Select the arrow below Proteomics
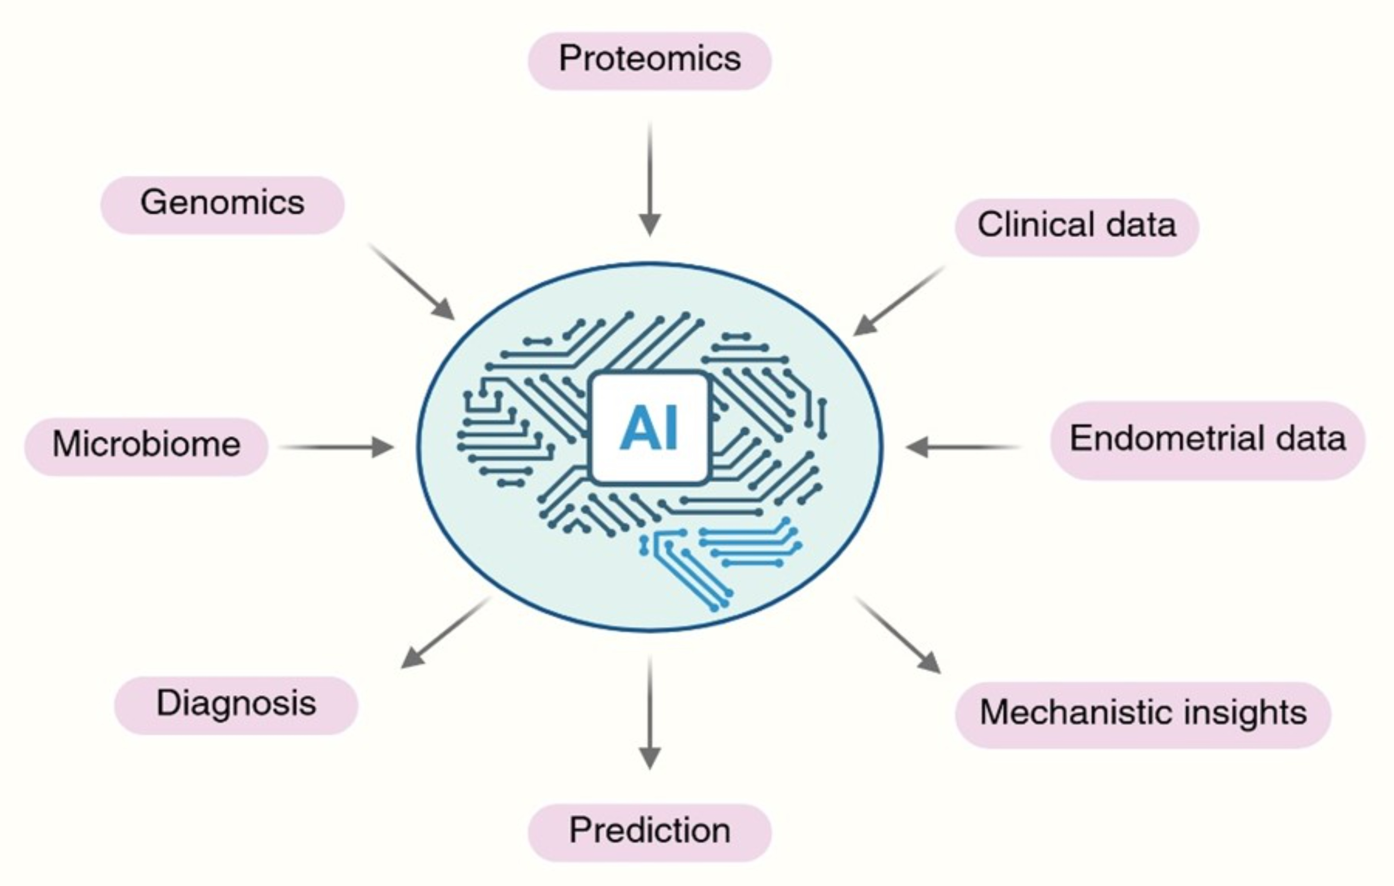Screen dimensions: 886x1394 [649, 179]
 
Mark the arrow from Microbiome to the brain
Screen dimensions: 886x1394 [336, 447]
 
